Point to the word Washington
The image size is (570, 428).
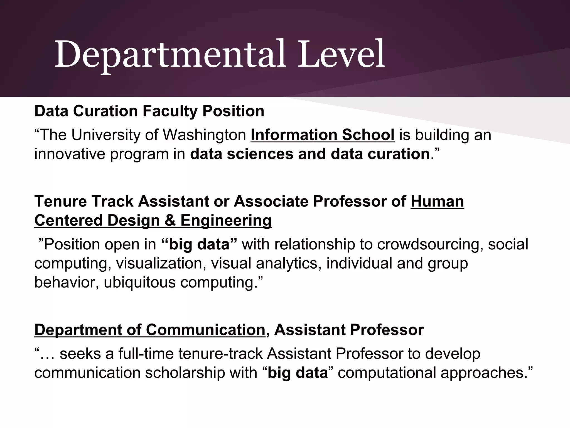pos(204,135)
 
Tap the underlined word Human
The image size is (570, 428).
pos(437,201)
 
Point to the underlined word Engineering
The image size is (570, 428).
pos(226,220)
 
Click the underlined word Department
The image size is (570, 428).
pos(78,330)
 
